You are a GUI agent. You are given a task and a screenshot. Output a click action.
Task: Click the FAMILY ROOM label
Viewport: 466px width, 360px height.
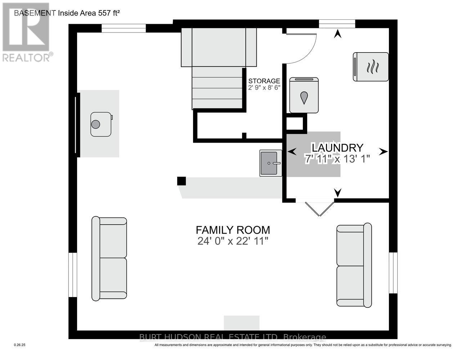pos(233,230)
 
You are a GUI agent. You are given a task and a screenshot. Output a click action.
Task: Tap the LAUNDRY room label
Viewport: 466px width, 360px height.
pos(337,148)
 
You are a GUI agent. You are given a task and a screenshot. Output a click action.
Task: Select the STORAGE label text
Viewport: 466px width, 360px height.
pos(264,81)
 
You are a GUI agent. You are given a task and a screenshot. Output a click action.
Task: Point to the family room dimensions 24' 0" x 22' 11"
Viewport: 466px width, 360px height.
pos(233,241)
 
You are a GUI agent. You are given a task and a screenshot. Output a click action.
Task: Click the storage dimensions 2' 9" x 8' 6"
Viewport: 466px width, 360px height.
pos(264,87)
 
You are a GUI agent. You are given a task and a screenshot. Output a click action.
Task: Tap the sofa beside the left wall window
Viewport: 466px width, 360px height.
pos(109,258)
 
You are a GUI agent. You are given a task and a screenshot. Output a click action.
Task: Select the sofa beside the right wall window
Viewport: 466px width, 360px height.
pos(354,265)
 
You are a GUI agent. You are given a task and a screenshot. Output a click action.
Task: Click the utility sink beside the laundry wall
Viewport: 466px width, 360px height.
pos(271,163)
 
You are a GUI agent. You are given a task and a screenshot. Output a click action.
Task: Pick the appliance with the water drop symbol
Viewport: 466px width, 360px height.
pos(304,95)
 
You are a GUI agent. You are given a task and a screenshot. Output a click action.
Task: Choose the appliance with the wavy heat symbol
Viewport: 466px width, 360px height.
pos(371,67)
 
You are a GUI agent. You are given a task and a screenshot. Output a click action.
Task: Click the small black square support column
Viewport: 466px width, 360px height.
pos(182,181)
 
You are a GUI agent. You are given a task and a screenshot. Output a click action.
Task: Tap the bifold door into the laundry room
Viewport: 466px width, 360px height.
pos(319,209)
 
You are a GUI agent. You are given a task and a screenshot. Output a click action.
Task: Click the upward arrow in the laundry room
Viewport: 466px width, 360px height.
pos(338,34)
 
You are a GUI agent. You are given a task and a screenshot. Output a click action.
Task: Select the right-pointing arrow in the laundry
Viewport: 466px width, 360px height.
pos(383,152)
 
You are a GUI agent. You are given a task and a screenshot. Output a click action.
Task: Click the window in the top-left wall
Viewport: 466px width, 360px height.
pos(124,28)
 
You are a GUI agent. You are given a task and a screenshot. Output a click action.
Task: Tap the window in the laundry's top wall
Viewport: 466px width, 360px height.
pos(337,24)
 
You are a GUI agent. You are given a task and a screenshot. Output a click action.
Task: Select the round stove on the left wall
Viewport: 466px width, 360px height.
pos(101,124)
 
